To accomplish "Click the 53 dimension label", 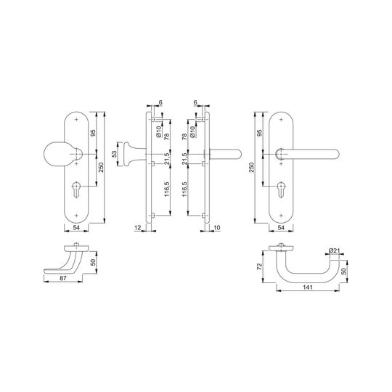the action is click(114, 154).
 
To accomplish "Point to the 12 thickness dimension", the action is click(137, 227).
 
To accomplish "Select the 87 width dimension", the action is click(63, 278).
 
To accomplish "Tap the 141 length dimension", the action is click(308, 287).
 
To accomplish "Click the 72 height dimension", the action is click(259, 266).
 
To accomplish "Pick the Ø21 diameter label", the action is click(333, 250).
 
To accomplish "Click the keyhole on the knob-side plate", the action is click(76, 189).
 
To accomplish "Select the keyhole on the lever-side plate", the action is click(281, 189).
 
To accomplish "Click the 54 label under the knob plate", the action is click(76, 227).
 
